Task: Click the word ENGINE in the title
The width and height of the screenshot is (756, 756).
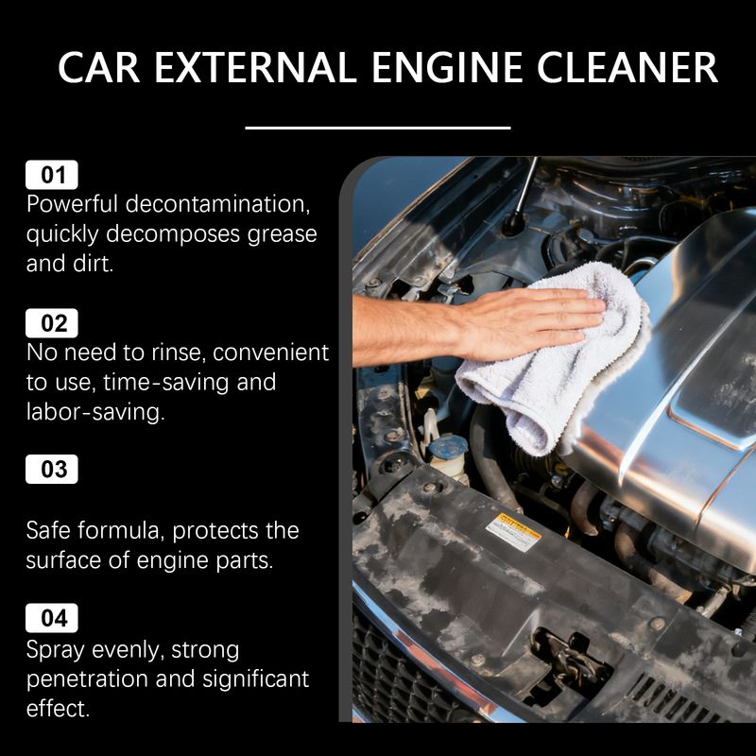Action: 447,67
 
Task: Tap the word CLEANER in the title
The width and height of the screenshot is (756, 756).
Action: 627,67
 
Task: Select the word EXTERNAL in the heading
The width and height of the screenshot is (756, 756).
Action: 256,67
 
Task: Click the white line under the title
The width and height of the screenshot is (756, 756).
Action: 377,128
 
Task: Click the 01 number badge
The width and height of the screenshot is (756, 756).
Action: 52,175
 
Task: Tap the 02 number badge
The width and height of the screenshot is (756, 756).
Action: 52,323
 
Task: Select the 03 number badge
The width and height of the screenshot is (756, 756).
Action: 52,469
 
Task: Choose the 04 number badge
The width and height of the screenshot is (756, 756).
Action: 52,618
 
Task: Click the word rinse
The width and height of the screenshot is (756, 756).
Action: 177,352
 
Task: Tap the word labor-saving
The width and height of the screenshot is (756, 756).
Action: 95,412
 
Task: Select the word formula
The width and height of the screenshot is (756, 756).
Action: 118,530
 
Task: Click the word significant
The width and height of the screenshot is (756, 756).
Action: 255,679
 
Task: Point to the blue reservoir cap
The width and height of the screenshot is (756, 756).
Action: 447,447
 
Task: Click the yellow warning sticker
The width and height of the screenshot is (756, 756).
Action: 513,531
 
